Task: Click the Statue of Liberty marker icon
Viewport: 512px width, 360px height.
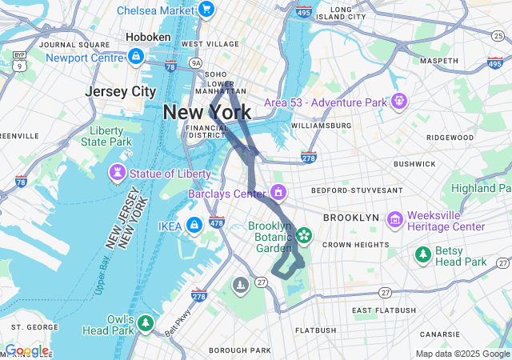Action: click(x=118, y=173)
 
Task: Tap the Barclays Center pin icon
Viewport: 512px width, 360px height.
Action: click(x=278, y=193)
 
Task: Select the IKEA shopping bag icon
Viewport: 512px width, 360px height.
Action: click(x=193, y=226)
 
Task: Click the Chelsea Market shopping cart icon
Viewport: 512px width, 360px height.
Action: click(x=206, y=10)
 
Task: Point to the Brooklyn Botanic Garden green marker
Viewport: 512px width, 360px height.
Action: click(x=304, y=235)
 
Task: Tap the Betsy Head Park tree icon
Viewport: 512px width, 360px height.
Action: click(x=422, y=254)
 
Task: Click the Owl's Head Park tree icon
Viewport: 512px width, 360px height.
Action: click(x=145, y=323)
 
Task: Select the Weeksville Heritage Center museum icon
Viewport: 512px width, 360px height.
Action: click(x=394, y=219)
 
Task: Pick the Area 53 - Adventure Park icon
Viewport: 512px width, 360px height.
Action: click(x=398, y=102)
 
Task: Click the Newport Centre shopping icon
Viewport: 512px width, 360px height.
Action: click(x=136, y=57)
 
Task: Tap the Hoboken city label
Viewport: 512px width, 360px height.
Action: click(x=148, y=37)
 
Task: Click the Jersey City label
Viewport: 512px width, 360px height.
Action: click(x=121, y=91)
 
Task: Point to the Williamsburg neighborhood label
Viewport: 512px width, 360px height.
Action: click(x=321, y=126)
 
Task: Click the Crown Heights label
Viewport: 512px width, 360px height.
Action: click(x=355, y=244)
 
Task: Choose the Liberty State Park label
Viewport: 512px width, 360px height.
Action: click(x=105, y=136)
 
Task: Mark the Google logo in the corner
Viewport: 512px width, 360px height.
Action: click(x=26, y=350)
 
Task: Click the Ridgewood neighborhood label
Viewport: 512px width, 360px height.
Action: click(x=450, y=137)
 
